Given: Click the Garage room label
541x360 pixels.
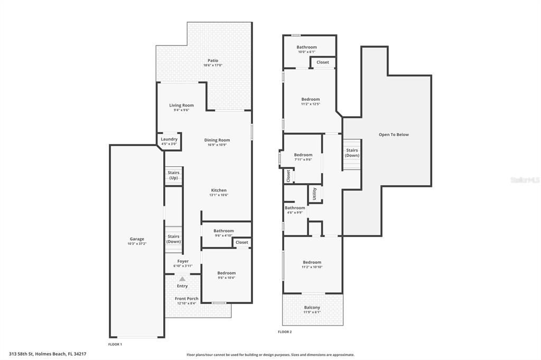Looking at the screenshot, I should [x=136, y=239].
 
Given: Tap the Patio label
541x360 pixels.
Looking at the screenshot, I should [x=213, y=61].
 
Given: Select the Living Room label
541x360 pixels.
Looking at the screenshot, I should [x=181, y=106].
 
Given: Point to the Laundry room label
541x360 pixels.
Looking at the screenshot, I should [x=169, y=139].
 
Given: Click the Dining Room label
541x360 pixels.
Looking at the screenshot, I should [x=217, y=140].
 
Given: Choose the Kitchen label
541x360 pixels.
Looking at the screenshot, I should [x=219, y=190].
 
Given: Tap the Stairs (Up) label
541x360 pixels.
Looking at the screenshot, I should [x=173, y=175].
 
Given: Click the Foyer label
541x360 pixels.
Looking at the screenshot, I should [x=183, y=261].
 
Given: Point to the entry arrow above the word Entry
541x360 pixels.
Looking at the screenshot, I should [x=182, y=279].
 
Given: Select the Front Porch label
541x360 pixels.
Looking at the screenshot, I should [x=186, y=299].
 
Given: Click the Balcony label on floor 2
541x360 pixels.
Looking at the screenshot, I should [x=312, y=308].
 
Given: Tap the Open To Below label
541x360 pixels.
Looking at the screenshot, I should [x=394, y=135].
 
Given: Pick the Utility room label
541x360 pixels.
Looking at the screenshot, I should [x=314, y=193].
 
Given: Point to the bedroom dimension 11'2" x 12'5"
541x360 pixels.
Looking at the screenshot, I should [x=311, y=104].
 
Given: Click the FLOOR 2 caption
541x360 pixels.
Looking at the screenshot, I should [x=285, y=332].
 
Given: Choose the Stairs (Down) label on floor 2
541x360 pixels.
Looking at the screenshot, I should [x=352, y=153].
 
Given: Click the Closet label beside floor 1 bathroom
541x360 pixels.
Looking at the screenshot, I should [x=242, y=242].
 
